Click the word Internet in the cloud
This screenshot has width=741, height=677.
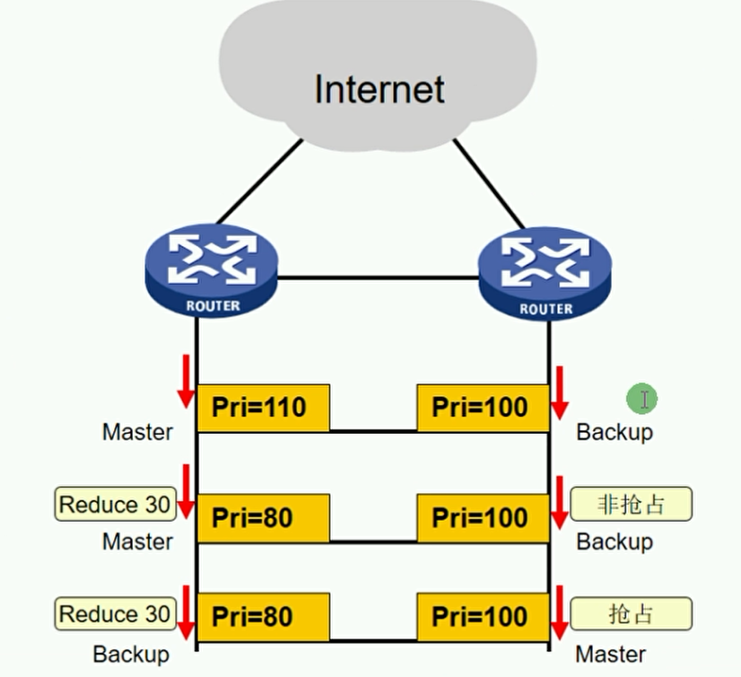coord(379,89)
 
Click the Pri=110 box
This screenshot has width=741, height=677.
coord(263,408)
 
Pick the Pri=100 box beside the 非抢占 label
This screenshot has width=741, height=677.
coord(483,518)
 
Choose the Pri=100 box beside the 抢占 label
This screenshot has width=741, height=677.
coord(483,618)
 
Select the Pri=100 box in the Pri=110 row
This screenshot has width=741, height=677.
coord(483,408)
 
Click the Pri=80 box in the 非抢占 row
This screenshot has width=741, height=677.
coord(263,518)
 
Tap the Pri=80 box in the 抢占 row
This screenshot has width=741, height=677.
coord(263,618)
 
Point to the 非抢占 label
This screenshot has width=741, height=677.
coord(631,505)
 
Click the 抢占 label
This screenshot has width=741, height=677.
coord(631,614)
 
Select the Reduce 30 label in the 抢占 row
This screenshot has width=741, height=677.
coord(114,614)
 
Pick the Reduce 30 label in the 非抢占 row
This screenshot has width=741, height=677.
coord(114,505)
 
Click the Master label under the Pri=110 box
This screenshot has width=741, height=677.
coord(137,432)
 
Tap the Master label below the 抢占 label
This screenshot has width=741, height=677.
coord(610,654)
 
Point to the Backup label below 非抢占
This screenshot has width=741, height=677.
coord(615,541)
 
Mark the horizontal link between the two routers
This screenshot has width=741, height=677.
coord(377,277)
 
